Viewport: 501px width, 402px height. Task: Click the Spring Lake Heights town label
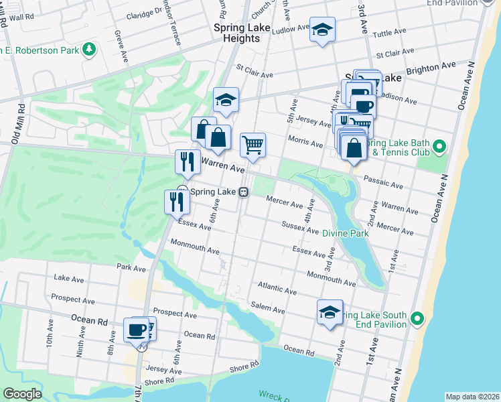(236, 33)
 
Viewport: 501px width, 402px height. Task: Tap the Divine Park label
(345, 233)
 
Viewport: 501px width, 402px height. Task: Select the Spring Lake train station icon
(244, 192)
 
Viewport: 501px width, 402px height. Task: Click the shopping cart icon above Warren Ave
(253, 144)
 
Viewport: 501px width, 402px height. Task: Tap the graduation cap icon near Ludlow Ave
(322, 29)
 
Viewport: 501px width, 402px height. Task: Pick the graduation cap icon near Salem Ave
(330, 312)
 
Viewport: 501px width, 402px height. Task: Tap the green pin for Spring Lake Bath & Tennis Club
(439, 145)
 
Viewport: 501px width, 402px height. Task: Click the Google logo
(22, 394)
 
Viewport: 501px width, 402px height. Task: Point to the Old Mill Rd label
(17, 125)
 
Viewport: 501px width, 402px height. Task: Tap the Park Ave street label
(131, 268)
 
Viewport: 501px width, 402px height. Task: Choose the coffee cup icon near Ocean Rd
(137, 330)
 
